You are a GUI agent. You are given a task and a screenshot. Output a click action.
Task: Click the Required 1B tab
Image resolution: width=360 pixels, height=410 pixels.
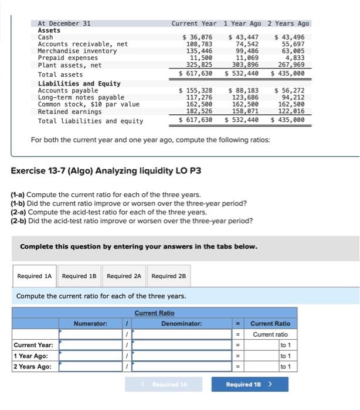(x=80, y=276)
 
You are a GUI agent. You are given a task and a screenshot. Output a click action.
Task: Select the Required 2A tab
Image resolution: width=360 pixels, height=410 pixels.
(x=124, y=276)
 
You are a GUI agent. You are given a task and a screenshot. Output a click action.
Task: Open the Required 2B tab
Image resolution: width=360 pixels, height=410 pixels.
(x=169, y=276)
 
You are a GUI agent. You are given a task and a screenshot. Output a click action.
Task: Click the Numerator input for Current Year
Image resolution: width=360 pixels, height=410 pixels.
(x=90, y=345)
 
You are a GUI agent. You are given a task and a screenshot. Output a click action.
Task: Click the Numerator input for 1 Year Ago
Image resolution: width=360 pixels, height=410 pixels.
(x=90, y=356)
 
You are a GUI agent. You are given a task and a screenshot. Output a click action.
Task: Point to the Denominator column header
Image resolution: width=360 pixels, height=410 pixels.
(x=181, y=323)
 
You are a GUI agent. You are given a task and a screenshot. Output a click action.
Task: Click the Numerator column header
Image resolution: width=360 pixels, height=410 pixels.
(x=90, y=323)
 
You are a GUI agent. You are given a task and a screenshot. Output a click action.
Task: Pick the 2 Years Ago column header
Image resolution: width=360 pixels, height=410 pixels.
(x=288, y=23)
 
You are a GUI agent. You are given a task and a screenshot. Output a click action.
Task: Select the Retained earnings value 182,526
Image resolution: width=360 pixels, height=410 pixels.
(x=199, y=111)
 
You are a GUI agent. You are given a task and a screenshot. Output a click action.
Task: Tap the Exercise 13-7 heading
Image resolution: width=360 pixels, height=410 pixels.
(x=106, y=170)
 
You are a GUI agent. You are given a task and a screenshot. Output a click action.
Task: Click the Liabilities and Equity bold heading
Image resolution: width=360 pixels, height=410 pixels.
(x=79, y=84)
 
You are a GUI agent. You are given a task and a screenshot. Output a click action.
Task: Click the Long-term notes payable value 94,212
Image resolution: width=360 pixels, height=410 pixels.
(x=291, y=97)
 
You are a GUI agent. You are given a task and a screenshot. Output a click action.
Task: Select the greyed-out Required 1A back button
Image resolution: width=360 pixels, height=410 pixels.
(x=164, y=384)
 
